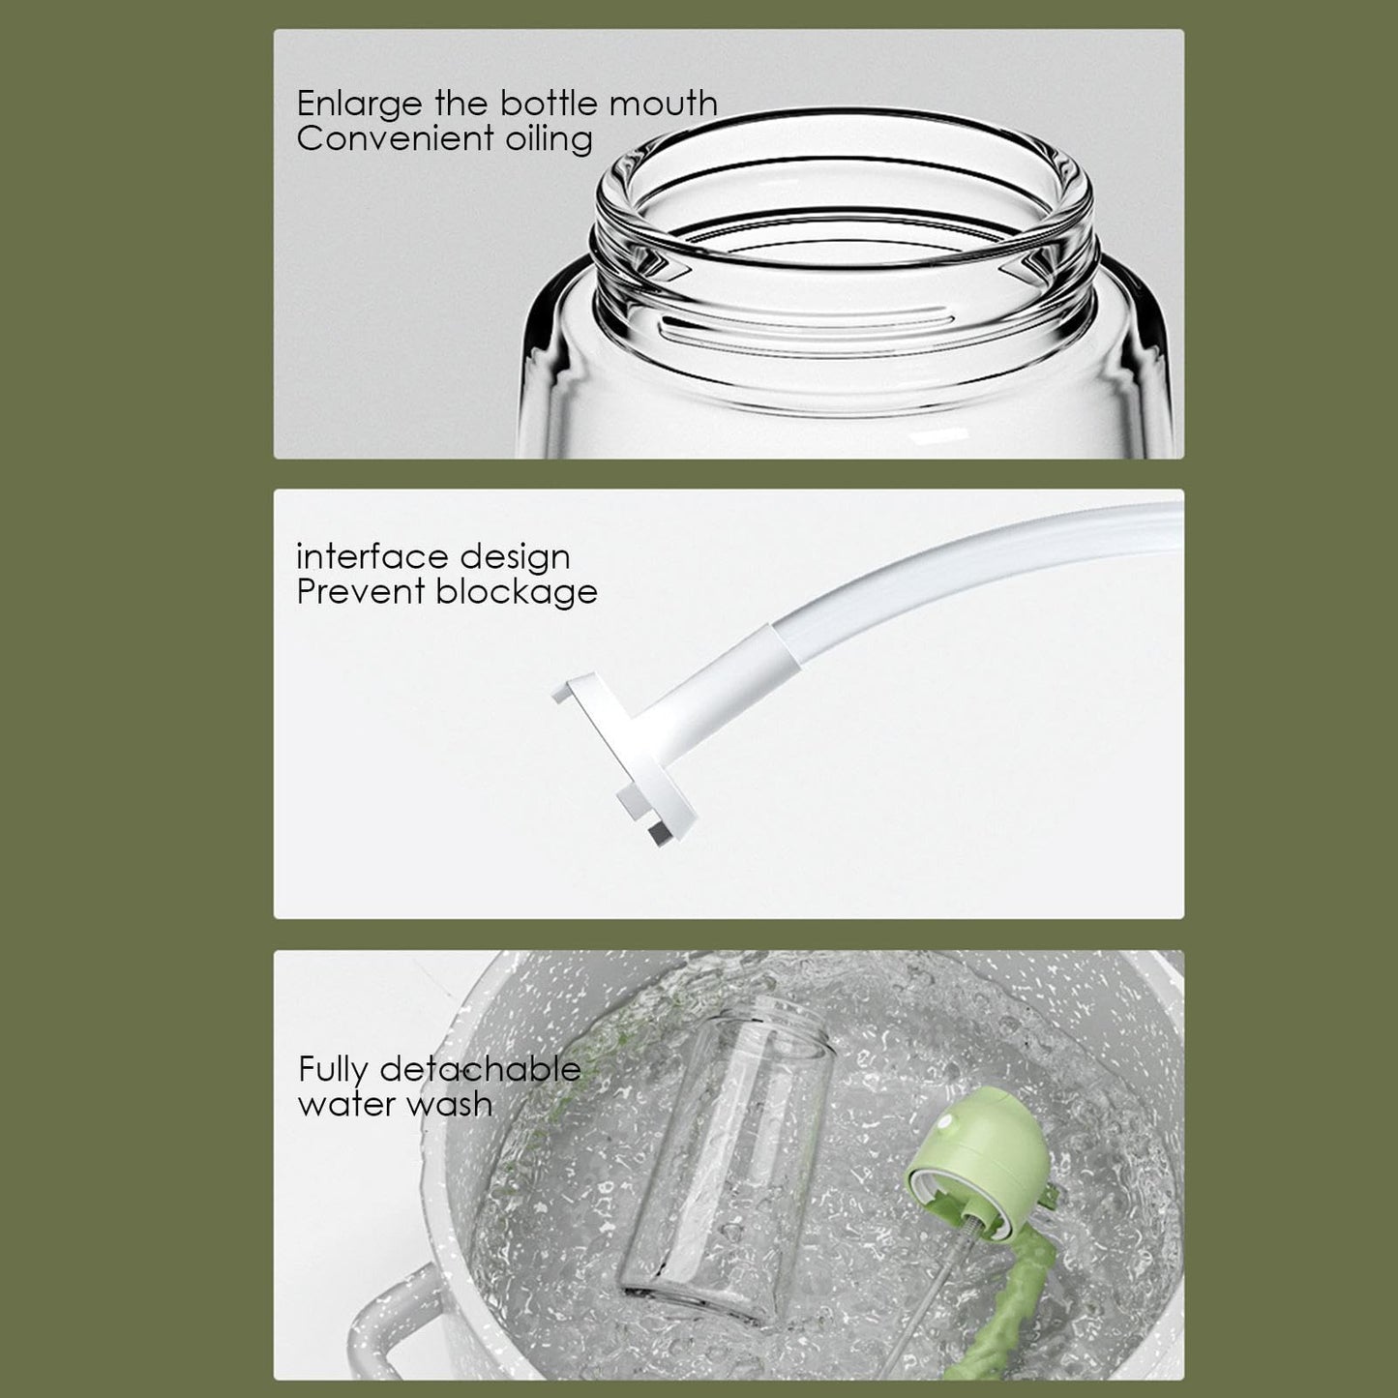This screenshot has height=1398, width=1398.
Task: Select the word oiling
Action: pyautogui.click(x=549, y=139)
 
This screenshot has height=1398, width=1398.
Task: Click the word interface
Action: pyautogui.click(x=372, y=556)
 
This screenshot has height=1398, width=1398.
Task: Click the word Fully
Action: pyautogui.click(x=333, y=1071)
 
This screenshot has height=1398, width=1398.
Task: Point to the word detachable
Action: pyautogui.click(x=480, y=1069)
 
